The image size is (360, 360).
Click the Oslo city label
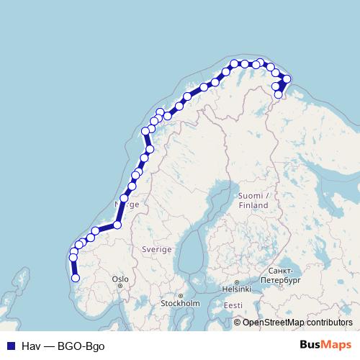[x=120, y=279]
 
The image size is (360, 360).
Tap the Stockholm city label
[x=181, y=303]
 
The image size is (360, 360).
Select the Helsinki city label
[x=236, y=289]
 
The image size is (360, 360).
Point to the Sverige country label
[x=157, y=248]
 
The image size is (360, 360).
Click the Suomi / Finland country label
[x=253, y=200]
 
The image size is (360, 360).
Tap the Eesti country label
[x=233, y=305]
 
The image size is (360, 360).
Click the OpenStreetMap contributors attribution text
[x=297, y=323]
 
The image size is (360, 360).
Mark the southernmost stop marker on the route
[x=76, y=278]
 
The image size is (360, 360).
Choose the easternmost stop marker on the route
[x=287, y=78]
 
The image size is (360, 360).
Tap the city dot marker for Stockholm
[x=181, y=295]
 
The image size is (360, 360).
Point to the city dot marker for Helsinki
[x=236, y=282]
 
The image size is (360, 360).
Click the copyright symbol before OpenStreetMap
[x=238, y=323]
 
